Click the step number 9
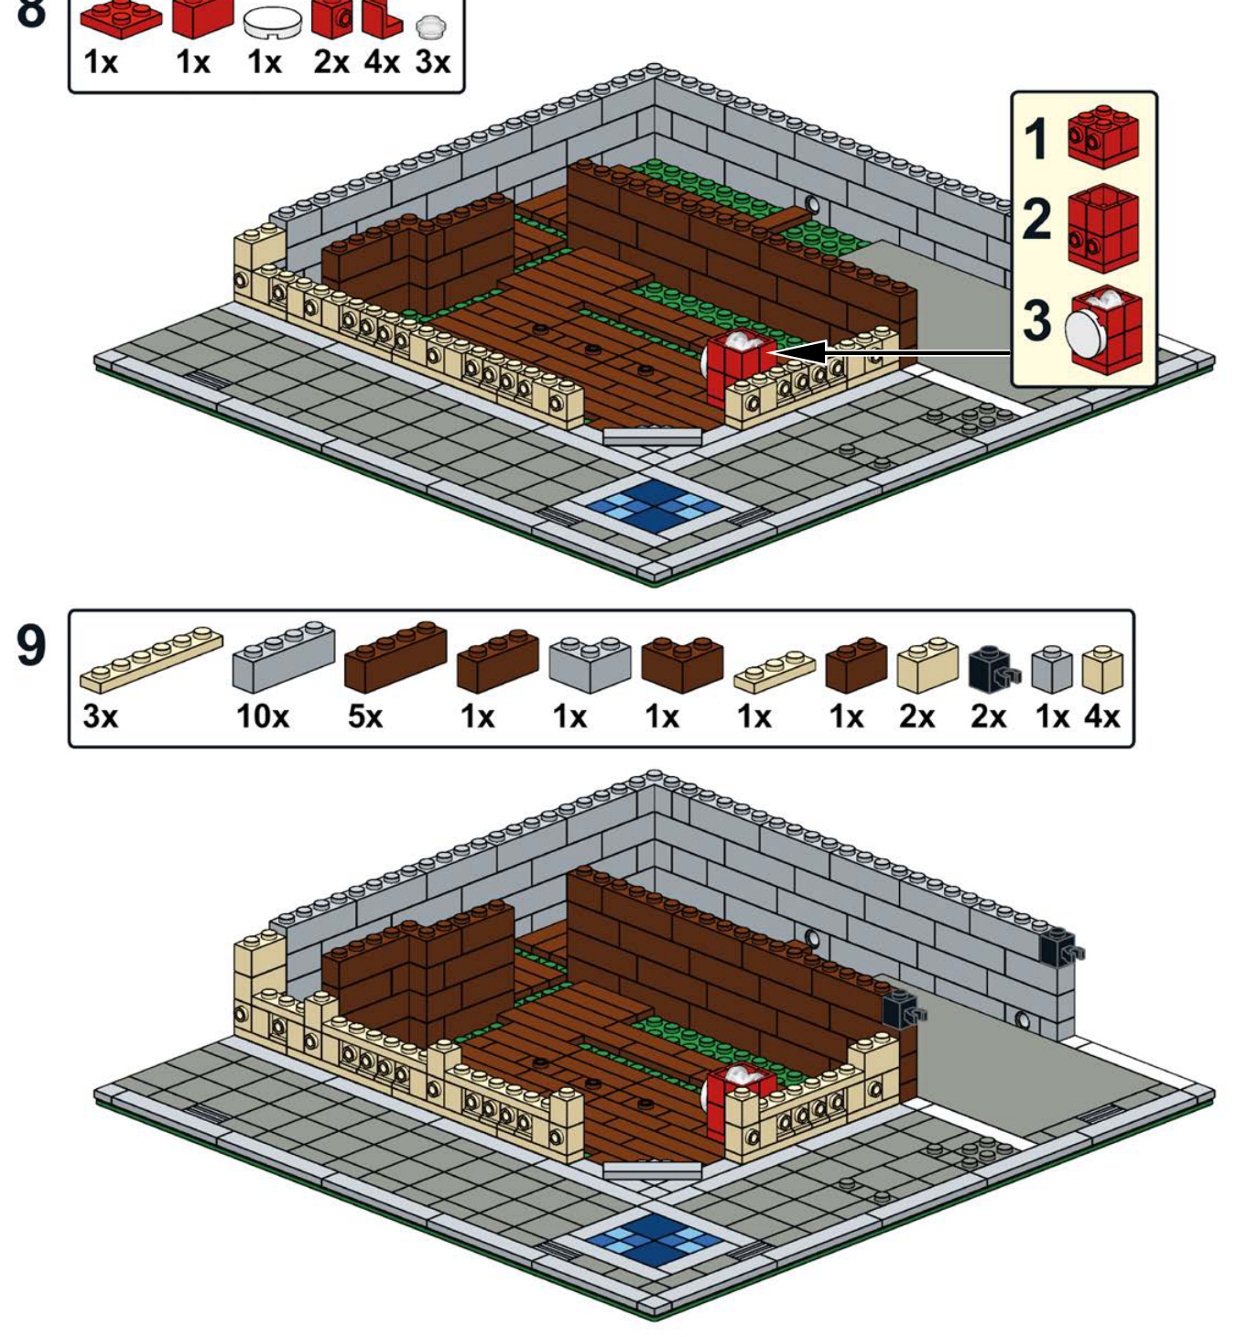(x=31, y=645)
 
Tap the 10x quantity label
(x=262, y=717)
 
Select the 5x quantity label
(x=364, y=717)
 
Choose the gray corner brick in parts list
(x=590, y=663)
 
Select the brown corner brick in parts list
(x=682, y=663)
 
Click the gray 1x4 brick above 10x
(x=284, y=656)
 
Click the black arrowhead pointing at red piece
(x=799, y=352)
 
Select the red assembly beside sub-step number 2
(x=1103, y=229)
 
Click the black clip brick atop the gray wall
(x=1059, y=946)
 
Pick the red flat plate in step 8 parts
(x=121, y=19)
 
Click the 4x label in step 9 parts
(x=1101, y=717)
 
